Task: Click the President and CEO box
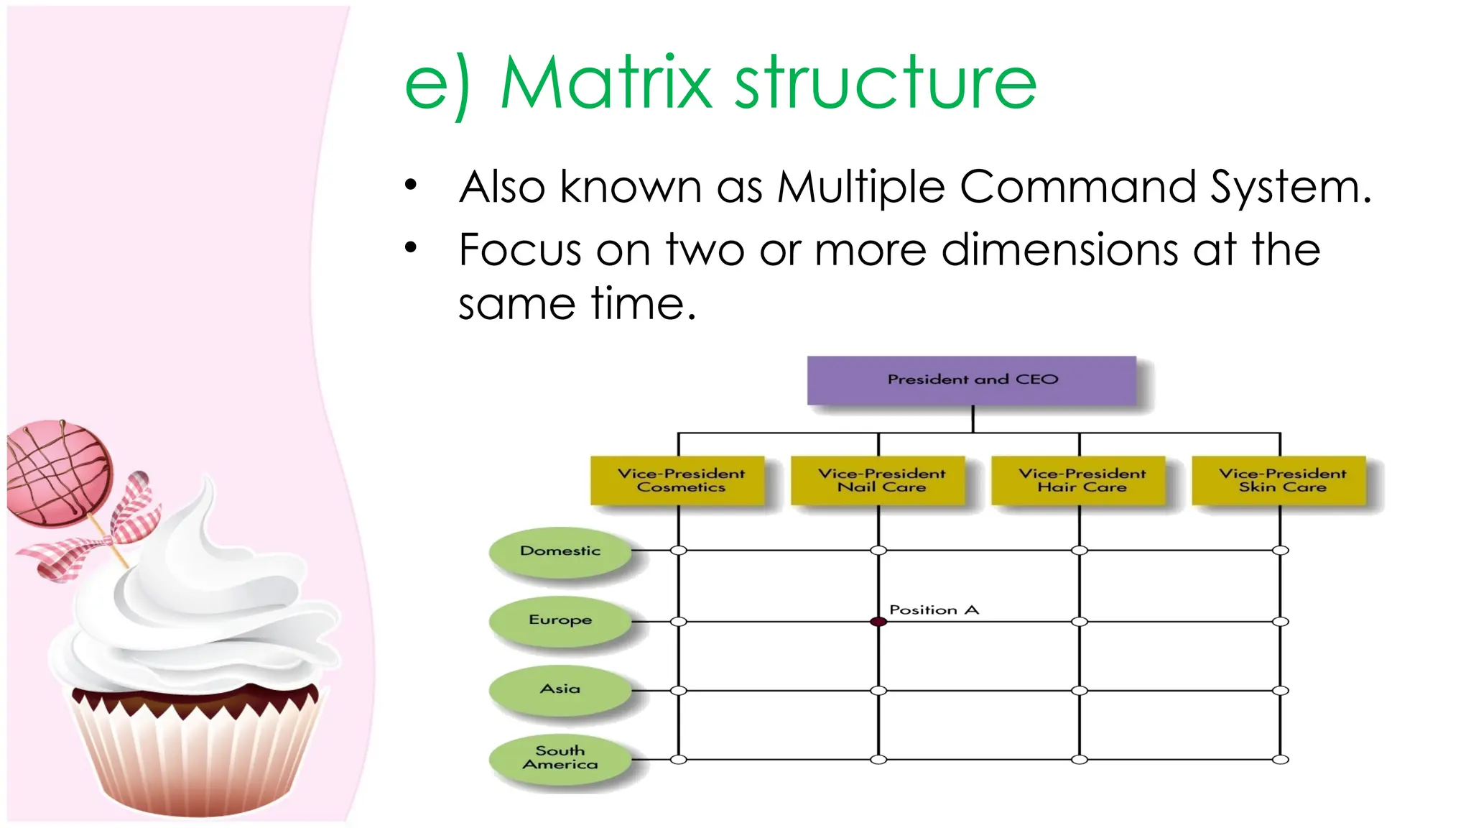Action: pyautogui.click(x=972, y=379)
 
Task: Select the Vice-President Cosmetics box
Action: pyautogui.click(x=677, y=480)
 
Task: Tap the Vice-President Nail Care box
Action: pyautogui.click(x=878, y=480)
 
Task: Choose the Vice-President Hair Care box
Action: pyautogui.click(x=1079, y=480)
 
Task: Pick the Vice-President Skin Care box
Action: pyautogui.click(x=1279, y=480)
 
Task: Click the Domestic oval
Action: pyautogui.click(x=560, y=551)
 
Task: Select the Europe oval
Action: pyautogui.click(x=560, y=620)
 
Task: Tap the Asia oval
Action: pyautogui.click(x=560, y=689)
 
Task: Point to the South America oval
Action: pyautogui.click(x=560, y=758)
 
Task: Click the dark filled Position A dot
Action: pyautogui.click(x=878, y=622)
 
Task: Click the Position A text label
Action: pyautogui.click(x=934, y=609)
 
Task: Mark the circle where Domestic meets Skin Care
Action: pyautogui.click(x=1280, y=551)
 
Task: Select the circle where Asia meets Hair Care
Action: pyautogui.click(x=1079, y=691)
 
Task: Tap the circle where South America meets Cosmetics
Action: pyautogui.click(x=679, y=760)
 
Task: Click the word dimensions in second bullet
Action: pyautogui.click(x=1059, y=250)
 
